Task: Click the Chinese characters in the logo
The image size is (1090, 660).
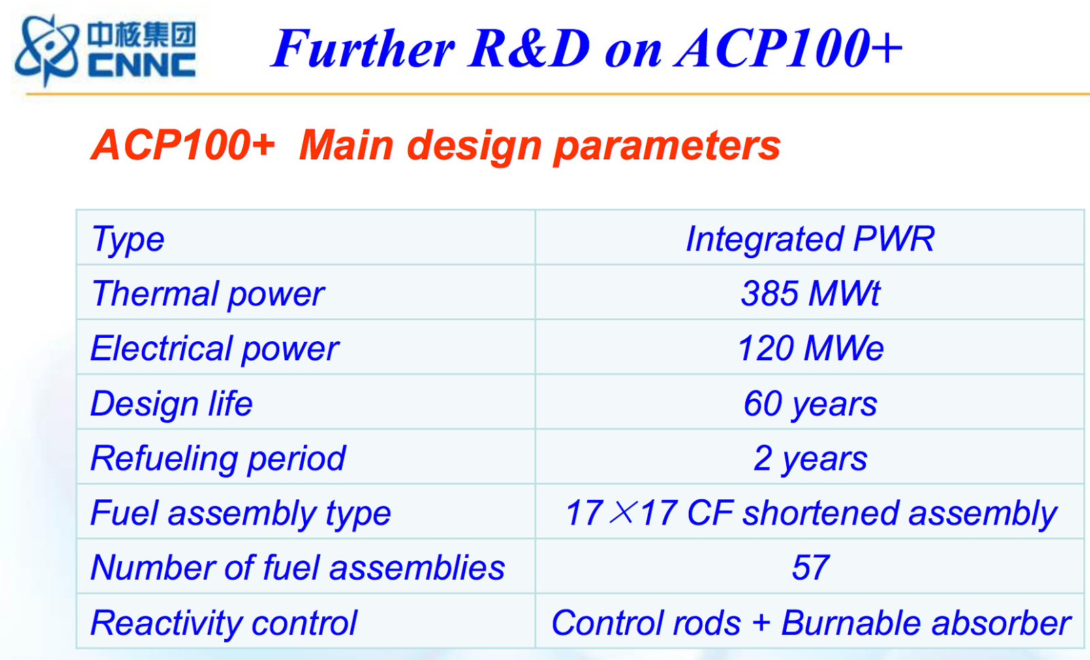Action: click(x=142, y=34)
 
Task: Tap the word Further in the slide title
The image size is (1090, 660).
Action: click(x=363, y=49)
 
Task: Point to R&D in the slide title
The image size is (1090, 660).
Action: click(x=529, y=48)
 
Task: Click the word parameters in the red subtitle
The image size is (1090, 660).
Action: click(x=667, y=146)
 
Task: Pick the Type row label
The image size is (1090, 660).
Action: click(x=127, y=239)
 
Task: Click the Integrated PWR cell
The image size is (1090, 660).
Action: click(x=810, y=238)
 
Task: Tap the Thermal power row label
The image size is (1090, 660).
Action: click(x=208, y=294)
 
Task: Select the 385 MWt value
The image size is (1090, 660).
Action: click(x=810, y=294)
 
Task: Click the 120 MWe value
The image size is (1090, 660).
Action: click(x=810, y=348)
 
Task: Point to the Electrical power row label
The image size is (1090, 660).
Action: click(x=215, y=349)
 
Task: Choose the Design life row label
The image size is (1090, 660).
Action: click(x=171, y=403)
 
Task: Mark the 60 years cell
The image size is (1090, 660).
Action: click(x=810, y=404)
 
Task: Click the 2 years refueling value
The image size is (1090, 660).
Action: click(x=810, y=458)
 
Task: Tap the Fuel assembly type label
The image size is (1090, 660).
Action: click(x=240, y=514)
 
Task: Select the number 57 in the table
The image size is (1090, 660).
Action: click(x=810, y=567)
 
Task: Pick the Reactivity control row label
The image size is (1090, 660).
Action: click(x=224, y=623)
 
